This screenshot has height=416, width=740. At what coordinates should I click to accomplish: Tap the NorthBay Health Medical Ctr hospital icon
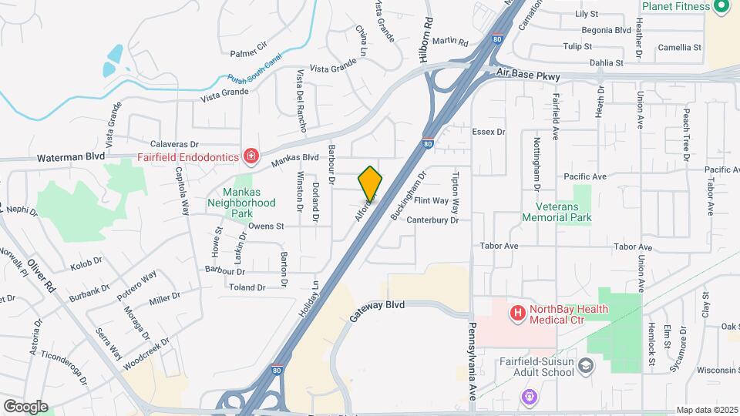click(x=517, y=314)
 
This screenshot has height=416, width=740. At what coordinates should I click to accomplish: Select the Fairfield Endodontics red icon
click(x=251, y=157)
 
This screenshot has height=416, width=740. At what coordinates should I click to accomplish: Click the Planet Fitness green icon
click(x=722, y=7)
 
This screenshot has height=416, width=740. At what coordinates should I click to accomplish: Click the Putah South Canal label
click(x=255, y=68)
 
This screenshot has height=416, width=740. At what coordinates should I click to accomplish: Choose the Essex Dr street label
click(x=488, y=132)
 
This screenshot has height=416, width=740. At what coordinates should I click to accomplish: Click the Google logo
click(x=25, y=406)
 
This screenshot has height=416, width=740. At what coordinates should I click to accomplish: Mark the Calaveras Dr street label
click(x=174, y=144)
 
